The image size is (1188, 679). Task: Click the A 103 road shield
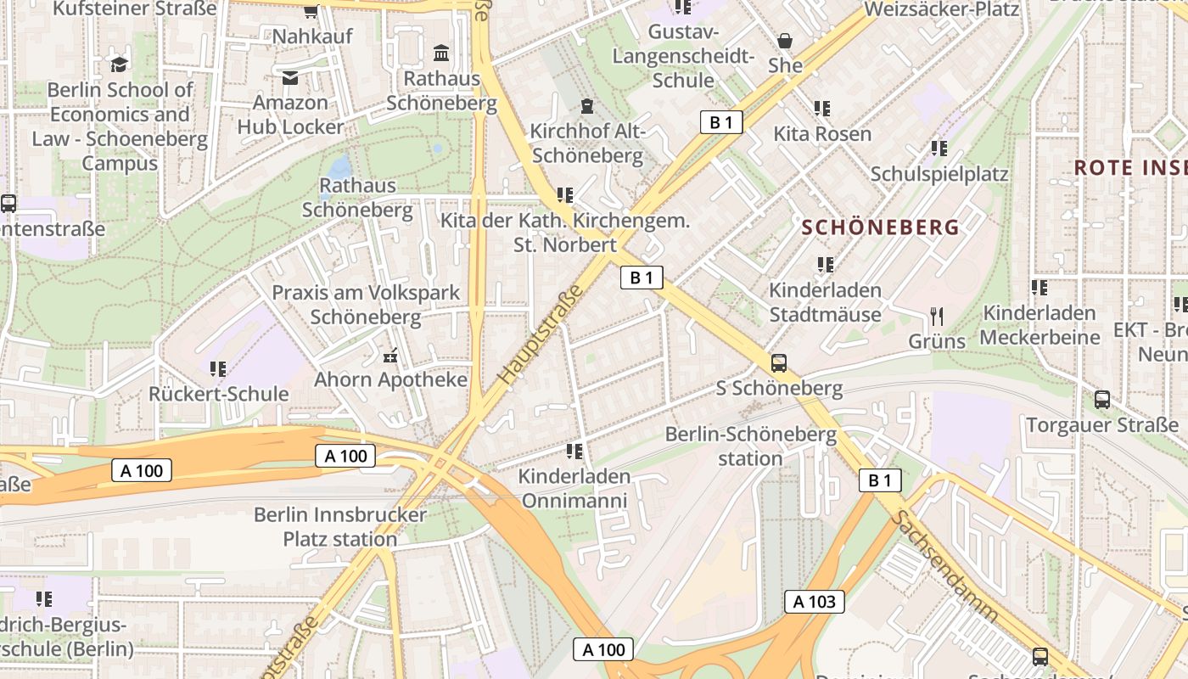[x=815, y=602]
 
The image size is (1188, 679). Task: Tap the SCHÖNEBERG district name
[x=880, y=227]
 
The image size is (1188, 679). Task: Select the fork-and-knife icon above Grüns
[x=937, y=317]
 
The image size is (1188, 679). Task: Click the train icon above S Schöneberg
[x=778, y=363]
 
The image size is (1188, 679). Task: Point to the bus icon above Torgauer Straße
[x=1101, y=399]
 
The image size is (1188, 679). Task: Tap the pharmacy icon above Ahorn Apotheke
[x=390, y=355]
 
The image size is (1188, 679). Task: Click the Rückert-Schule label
[x=219, y=394]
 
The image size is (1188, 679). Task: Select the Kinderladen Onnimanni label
[x=574, y=488]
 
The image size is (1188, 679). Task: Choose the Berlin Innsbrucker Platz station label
[x=340, y=527]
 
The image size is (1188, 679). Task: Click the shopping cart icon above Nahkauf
[x=311, y=11]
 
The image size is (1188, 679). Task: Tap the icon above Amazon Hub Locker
[x=290, y=78]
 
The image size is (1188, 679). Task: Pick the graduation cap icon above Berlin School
[x=120, y=65]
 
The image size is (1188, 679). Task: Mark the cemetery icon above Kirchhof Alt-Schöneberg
[x=586, y=107]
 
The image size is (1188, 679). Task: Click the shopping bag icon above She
[x=785, y=41]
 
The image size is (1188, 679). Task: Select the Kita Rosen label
[x=822, y=134]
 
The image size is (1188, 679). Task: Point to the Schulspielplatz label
[x=939, y=174]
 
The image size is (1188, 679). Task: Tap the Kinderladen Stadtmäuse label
[x=825, y=302]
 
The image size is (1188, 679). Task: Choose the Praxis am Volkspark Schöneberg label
[x=366, y=305]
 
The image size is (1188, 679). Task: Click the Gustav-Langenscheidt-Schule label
[x=683, y=56]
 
